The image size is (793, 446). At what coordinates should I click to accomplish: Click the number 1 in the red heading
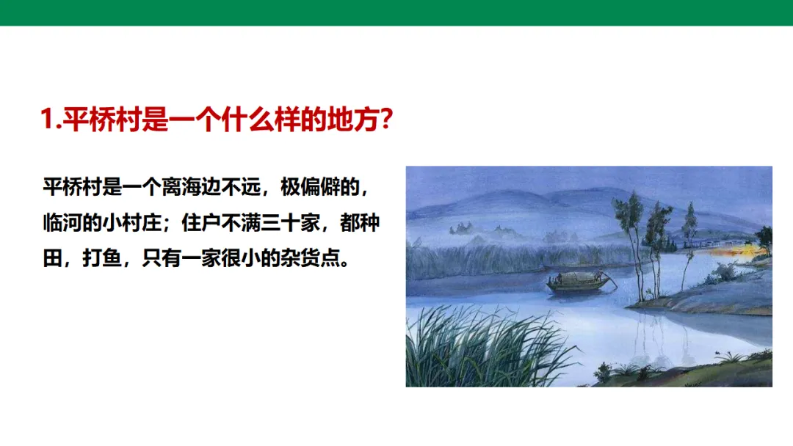point(48,120)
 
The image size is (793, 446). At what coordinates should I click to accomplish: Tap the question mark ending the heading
point(386,120)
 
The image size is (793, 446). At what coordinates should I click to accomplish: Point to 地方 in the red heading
point(353,120)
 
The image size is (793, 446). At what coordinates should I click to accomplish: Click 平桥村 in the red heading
point(102,120)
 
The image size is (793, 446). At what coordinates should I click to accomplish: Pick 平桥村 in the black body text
point(73,187)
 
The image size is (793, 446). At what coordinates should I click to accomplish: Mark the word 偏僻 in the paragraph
point(320,187)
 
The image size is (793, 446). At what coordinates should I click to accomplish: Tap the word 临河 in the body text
point(62,223)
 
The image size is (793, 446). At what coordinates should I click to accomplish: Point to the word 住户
point(201,223)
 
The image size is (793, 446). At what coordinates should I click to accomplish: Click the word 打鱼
point(102,258)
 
